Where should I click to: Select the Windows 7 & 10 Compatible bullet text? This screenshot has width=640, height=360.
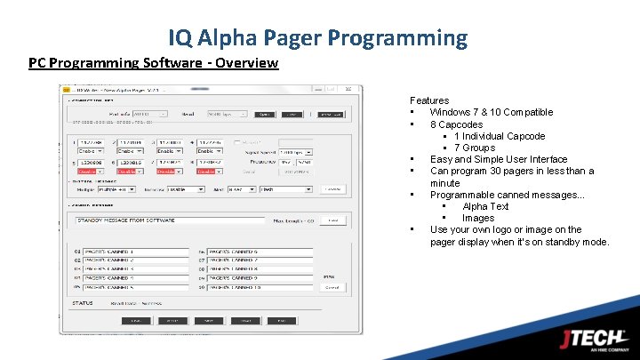(x=492, y=112)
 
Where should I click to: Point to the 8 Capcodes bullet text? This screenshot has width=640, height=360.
(x=456, y=124)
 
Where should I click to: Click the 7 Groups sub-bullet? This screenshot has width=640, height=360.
(x=475, y=148)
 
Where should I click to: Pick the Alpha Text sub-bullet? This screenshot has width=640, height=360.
(x=485, y=206)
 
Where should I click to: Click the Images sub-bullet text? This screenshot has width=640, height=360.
(x=478, y=218)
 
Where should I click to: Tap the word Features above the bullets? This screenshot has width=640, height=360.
(x=429, y=100)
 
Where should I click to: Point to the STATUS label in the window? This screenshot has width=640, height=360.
(x=83, y=303)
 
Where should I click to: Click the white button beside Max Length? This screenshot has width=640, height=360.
(x=332, y=220)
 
